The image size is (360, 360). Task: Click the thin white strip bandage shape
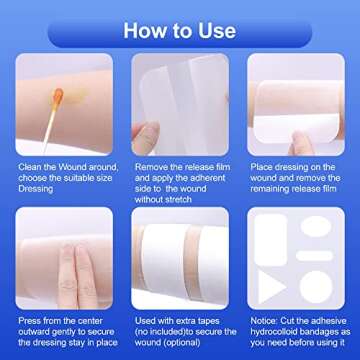(x=318, y=257)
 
